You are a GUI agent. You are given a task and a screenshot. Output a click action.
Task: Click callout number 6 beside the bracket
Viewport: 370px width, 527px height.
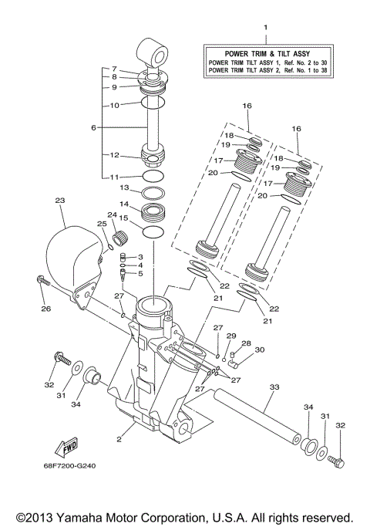point(93,127)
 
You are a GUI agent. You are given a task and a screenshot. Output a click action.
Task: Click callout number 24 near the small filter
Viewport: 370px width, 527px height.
point(112,215)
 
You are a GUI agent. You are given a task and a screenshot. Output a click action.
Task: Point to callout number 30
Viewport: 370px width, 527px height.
point(259,350)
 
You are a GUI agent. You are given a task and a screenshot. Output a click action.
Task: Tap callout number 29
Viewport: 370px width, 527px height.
point(230,336)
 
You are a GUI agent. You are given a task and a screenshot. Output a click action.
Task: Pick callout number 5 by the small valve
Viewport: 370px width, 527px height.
point(140,273)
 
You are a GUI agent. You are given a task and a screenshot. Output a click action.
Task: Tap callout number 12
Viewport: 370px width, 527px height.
point(113,154)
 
